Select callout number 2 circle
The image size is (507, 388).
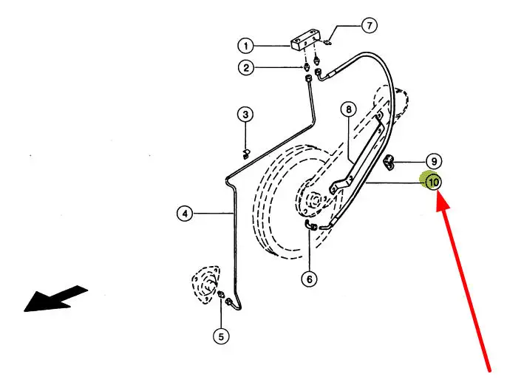(x=245, y=68)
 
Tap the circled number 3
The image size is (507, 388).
(x=245, y=115)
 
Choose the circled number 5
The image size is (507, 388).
(x=220, y=336)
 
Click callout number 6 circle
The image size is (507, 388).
(x=309, y=279)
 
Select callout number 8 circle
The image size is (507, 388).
(x=348, y=110)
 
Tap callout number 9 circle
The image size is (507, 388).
(x=433, y=160)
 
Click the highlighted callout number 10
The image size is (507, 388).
(x=432, y=180)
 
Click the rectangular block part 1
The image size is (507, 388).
(x=304, y=40)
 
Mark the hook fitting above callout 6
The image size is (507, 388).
(x=312, y=225)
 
